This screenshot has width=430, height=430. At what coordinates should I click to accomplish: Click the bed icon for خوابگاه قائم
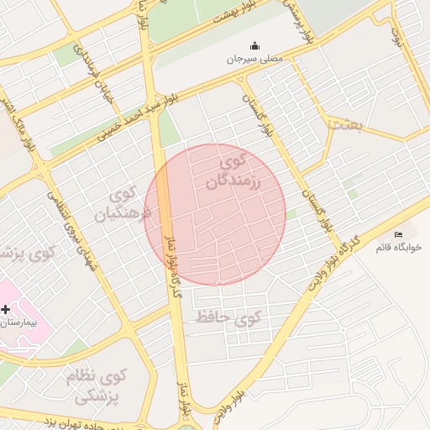click(x=398, y=233)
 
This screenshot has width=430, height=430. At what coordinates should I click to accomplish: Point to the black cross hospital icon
click(x=6, y=309)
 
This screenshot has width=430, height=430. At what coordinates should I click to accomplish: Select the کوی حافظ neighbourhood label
click(x=228, y=317)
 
